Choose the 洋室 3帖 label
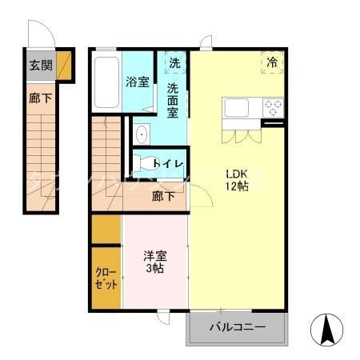[x=155, y=262]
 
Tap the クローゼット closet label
[x=106, y=278]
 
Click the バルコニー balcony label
[x=237, y=326]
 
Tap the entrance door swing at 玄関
[x=40, y=36]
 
